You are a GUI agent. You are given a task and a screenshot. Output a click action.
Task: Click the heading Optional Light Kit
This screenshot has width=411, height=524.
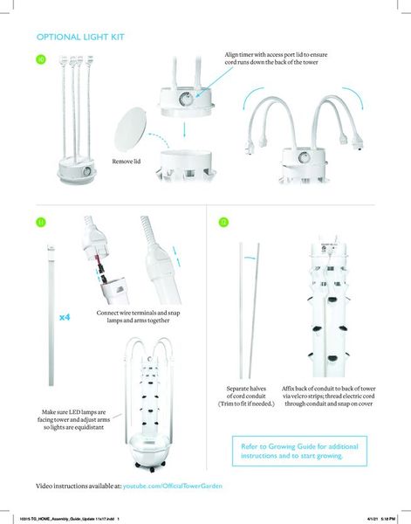(80, 37)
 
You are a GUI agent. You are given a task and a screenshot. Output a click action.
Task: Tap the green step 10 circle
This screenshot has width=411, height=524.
(41, 59)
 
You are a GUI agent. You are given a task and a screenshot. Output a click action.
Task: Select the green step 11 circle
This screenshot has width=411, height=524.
(41, 222)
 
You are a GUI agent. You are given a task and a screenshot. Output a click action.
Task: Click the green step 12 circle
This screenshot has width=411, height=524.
(223, 222)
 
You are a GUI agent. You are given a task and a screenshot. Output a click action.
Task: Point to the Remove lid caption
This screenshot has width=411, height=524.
(127, 162)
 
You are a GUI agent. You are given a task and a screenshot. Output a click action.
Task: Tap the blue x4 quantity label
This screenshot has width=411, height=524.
(65, 317)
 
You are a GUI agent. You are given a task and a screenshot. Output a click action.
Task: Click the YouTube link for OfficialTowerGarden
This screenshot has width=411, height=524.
(172, 486)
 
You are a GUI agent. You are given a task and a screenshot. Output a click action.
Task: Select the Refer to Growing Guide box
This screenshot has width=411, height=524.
(299, 452)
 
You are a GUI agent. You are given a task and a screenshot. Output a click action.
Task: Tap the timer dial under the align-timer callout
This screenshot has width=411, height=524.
(185, 99)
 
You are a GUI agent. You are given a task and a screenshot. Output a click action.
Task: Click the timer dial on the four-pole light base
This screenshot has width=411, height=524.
(87, 171)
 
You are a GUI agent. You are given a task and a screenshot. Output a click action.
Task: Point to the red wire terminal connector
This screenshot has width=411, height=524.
(99, 261)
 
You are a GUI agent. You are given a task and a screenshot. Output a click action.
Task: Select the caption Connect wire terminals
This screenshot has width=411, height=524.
(138, 316)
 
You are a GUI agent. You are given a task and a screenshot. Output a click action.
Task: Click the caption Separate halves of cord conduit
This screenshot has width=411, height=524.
(246, 396)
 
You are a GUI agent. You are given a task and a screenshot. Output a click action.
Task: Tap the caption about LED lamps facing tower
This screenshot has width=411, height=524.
(73, 419)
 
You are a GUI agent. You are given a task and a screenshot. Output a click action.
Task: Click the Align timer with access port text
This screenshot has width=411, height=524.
(276, 59)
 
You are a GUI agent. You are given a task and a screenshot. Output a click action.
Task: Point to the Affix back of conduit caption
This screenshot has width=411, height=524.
(328, 396)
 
